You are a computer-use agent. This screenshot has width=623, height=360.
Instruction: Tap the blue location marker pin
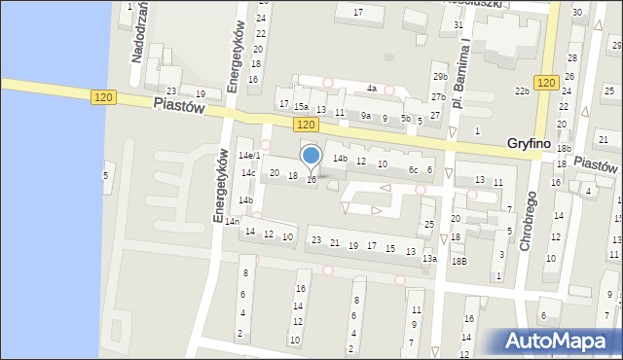pyautogui.click(x=311, y=156)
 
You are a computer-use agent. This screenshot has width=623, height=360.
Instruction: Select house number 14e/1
pyautogui.click(x=250, y=156)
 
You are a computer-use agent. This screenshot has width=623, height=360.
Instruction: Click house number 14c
pyautogui.click(x=248, y=173)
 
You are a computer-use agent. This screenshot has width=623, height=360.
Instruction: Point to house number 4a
pyautogui.click(x=371, y=89)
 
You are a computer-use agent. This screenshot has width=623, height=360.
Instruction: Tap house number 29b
pyautogui.click(x=440, y=77)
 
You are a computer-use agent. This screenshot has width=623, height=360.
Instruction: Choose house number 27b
pyautogui.click(x=438, y=97)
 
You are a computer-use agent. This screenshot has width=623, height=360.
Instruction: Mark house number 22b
pyautogui.click(x=522, y=91)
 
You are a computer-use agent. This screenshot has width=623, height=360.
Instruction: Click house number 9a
pyautogui.click(x=366, y=116)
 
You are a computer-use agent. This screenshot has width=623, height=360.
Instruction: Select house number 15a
pyautogui.click(x=302, y=107)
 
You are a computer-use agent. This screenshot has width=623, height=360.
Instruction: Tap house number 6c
pyautogui.click(x=413, y=170)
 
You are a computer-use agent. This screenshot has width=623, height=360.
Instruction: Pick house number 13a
pyautogui.click(x=429, y=259)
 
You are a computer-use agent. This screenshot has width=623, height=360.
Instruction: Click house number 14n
pyautogui.click(x=232, y=222)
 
